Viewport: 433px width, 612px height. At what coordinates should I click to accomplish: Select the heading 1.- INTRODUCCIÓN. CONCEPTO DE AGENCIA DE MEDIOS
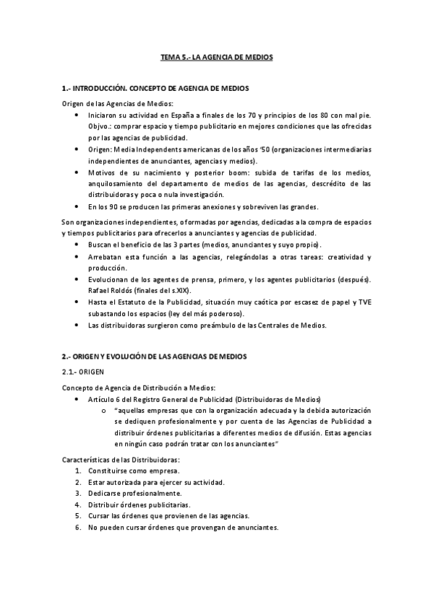click(155, 88)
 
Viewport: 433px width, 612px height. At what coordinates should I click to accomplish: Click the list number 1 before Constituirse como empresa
click(77, 471)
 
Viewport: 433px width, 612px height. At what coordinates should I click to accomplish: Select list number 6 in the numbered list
click(77, 528)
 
